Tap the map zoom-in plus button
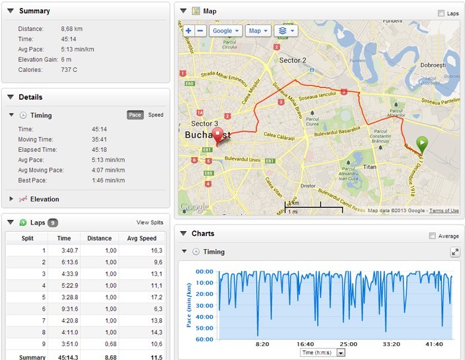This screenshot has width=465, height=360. click(x=188, y=30)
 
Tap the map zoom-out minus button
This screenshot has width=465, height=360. click(x=199, y=30)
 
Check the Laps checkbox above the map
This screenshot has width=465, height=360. click(x=441, y=13)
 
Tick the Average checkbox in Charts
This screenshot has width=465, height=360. click(x=432, y=236)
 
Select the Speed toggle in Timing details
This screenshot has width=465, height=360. click(x=155, y=115)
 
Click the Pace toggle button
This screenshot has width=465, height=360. click(x=135, y=115)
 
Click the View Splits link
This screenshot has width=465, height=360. click(x=150, y=223)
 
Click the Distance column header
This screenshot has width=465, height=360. click(x=100, y=238)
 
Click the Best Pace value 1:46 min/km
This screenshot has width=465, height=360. click(x=108, y=180)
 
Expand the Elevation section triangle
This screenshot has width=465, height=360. click(x=11, y=199)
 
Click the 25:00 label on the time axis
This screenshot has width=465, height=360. click(x=348, y=344)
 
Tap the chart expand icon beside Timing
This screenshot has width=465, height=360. click(x=454, y=252)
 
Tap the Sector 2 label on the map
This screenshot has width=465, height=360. click(x=293, y=60)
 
